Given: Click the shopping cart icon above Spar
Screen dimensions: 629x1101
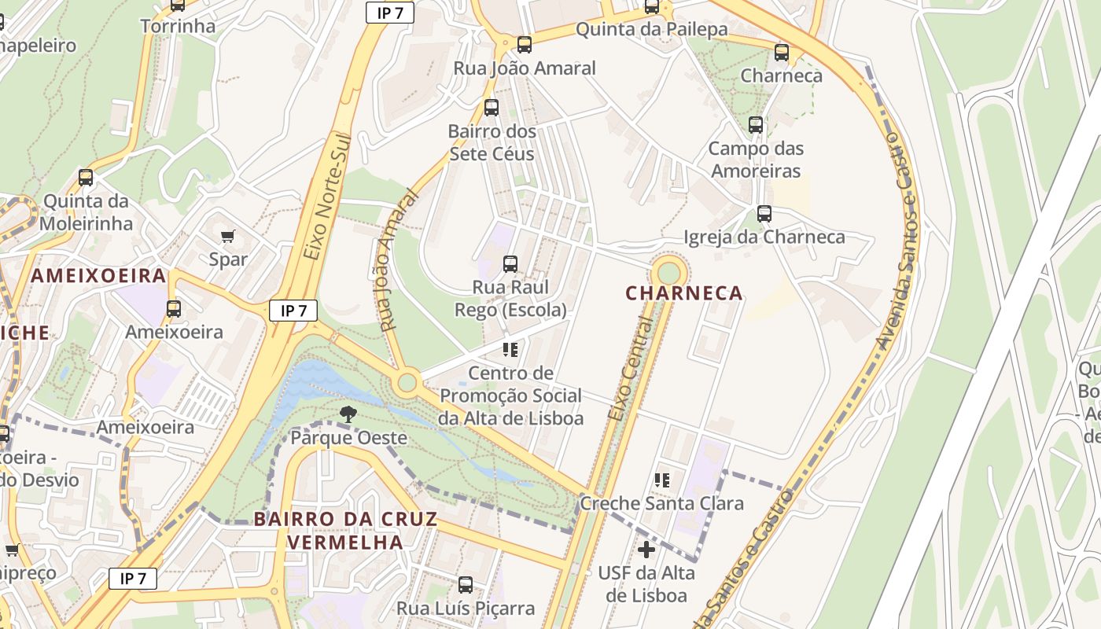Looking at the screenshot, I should pos(228,236).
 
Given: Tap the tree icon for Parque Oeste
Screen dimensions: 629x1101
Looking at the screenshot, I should pos(347,414).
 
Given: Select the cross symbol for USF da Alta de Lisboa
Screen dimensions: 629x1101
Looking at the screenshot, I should pos(646,550).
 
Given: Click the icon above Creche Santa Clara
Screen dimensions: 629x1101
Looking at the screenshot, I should pos(662,480).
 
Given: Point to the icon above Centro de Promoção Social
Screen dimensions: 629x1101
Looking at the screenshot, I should pos(510,349).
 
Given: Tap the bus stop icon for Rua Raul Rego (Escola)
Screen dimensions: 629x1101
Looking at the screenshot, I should pos(510,263).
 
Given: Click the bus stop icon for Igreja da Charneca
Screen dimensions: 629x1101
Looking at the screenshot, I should pos(764,213).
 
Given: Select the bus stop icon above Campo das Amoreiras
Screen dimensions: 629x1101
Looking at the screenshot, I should pos(756,124).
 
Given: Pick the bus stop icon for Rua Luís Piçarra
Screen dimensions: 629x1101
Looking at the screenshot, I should pos(466,584).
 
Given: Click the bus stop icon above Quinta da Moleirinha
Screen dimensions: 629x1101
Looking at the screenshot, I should pos(86,178).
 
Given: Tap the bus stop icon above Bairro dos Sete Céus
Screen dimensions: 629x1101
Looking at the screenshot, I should pos(492,108).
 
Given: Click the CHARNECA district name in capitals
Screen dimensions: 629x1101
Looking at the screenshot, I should pos(684,293).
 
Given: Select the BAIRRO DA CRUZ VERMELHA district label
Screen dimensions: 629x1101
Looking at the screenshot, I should pos(345,531).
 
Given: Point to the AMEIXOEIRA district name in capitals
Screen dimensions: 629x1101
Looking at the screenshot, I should pos(98,276).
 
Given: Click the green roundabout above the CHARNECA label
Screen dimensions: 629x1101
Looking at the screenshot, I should pos(668,273).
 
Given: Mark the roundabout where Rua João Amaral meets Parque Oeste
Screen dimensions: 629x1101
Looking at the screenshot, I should pos(407,383).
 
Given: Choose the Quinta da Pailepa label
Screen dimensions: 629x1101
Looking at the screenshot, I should pos(651,30).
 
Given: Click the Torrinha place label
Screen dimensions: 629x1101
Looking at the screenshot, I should pos(178,26).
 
